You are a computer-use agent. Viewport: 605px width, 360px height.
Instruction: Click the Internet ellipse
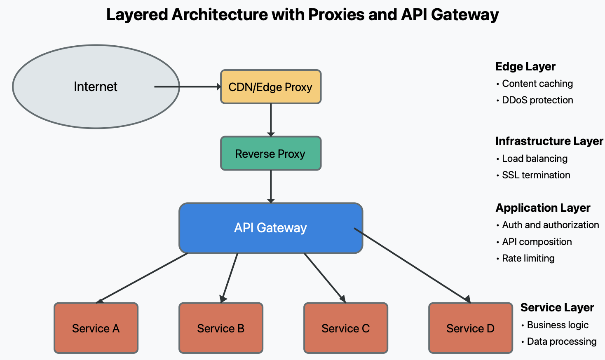pos(96,87)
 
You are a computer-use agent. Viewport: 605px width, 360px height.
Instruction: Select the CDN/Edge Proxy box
pos(271,87)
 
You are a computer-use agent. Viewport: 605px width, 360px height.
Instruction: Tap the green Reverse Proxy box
pos(271,154)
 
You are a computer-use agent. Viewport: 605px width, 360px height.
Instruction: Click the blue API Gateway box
pos(271,228)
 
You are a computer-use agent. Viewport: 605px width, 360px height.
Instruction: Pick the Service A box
pos(96,328)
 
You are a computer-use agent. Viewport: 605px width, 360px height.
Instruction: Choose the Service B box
pos(221,328)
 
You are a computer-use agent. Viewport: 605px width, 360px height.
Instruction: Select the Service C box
pos(346,328)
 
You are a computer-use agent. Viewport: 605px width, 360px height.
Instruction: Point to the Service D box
pos(471,328)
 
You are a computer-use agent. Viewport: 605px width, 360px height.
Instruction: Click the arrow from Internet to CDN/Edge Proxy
pos(188,87)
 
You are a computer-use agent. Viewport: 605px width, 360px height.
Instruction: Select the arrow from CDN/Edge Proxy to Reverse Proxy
pos(271,120)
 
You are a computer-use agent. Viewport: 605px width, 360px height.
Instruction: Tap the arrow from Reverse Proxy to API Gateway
pos(271,187)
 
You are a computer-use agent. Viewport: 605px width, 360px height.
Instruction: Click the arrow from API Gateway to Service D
pos(412,265)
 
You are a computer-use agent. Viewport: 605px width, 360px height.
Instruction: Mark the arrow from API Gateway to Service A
pos(142,278)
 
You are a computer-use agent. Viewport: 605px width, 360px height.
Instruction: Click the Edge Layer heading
pos(525,67)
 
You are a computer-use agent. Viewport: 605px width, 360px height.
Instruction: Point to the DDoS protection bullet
pos(537,100)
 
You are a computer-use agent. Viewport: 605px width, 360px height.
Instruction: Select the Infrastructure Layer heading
pos(549,141)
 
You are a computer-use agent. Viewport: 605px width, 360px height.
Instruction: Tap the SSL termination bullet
pos(536,175)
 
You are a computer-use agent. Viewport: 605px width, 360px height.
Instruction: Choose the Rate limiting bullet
pos(528,258)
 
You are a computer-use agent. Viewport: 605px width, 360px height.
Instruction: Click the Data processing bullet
pos(561,341)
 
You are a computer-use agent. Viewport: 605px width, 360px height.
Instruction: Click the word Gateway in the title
pos(464,15)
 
